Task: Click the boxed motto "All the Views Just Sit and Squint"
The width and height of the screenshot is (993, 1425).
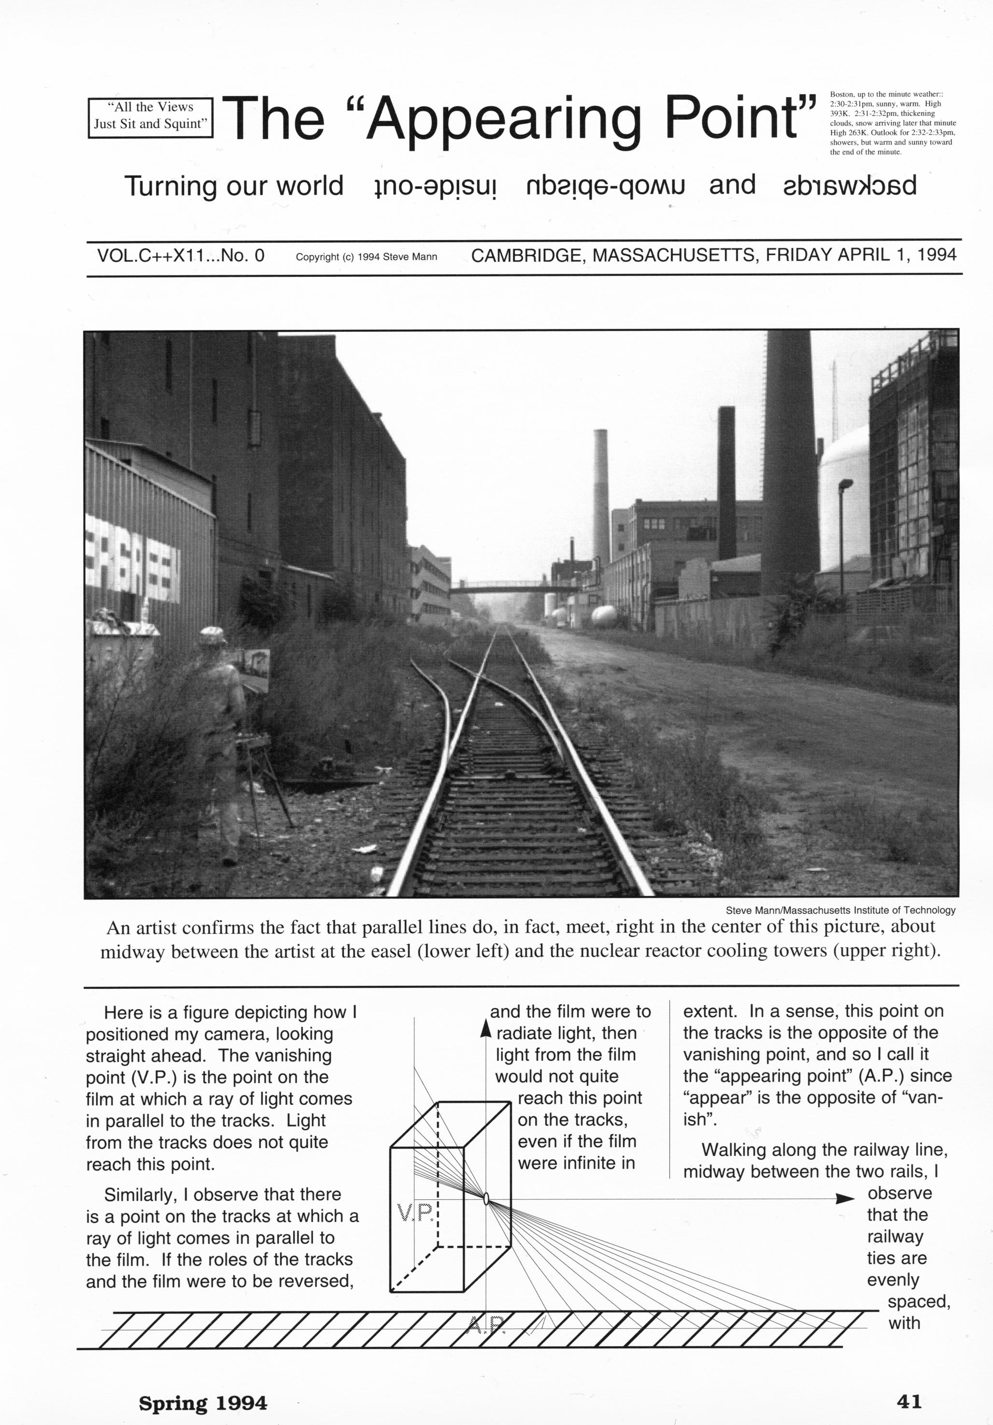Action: coord(150,115)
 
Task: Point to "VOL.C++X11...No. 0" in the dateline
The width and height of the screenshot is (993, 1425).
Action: coord(181,255)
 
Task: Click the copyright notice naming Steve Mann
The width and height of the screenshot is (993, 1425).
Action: coord(366,257)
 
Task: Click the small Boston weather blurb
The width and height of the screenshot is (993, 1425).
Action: coord(893,123)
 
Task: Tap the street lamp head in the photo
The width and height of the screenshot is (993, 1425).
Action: coord(845,484)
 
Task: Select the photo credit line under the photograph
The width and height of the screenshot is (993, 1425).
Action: coord(840,910)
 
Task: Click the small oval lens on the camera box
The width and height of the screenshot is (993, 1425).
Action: coord(486,1198)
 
